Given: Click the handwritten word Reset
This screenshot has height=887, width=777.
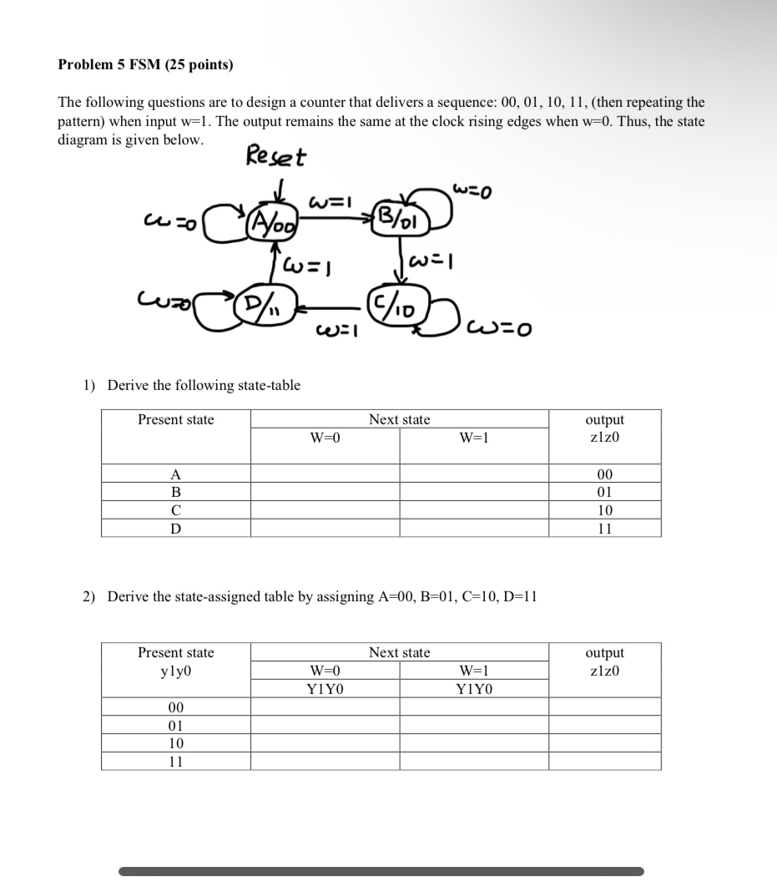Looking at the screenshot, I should click(276, 157).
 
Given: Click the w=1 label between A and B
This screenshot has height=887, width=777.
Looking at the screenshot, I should click(326, 201).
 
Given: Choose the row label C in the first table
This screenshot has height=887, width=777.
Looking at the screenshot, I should click(175, 509).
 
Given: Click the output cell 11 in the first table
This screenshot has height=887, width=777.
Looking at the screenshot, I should click(605, 528).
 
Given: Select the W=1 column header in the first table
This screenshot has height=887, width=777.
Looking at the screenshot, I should click(473, 438).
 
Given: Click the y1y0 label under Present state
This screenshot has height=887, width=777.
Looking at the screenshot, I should click(175, 671).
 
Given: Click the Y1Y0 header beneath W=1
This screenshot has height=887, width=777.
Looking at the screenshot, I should click(474, 689).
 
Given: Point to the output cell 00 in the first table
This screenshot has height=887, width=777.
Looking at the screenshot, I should click(605, 474).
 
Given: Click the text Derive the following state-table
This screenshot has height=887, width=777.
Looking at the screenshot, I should click(204, 385).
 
